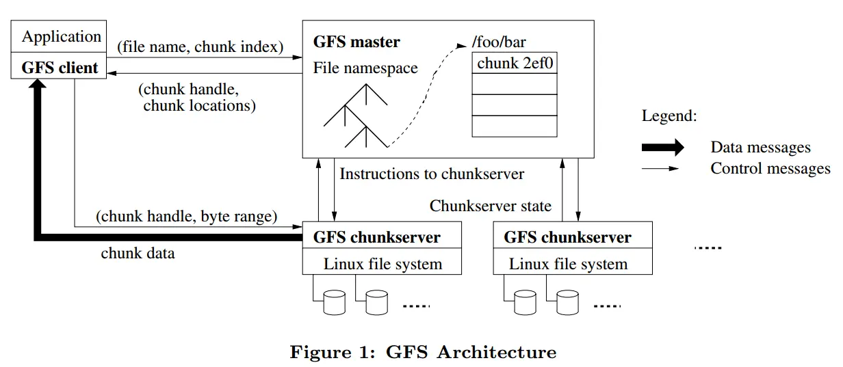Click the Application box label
click(x=61, y=36)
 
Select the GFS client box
click(x=60, y=68)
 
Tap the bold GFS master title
click(x=356, y=42)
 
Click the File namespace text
click(x=365, y=68)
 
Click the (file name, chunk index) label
click(x=200, y=46)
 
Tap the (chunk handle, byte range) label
click(x=186, y=217)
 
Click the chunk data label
click(x=138, y=254)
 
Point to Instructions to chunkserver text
click(x=432, y=174)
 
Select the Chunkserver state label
click(x=490, y=206)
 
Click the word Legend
click(x=669, y=115)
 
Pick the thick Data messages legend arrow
click(x=662, y=147)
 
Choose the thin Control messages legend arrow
click(x=662, y=168)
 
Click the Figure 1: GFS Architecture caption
click(x=423, y=352)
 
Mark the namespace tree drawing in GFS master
click(x=356, y=116)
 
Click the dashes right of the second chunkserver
click(x=708, y=247)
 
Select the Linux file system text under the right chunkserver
click(x=568, y=264)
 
